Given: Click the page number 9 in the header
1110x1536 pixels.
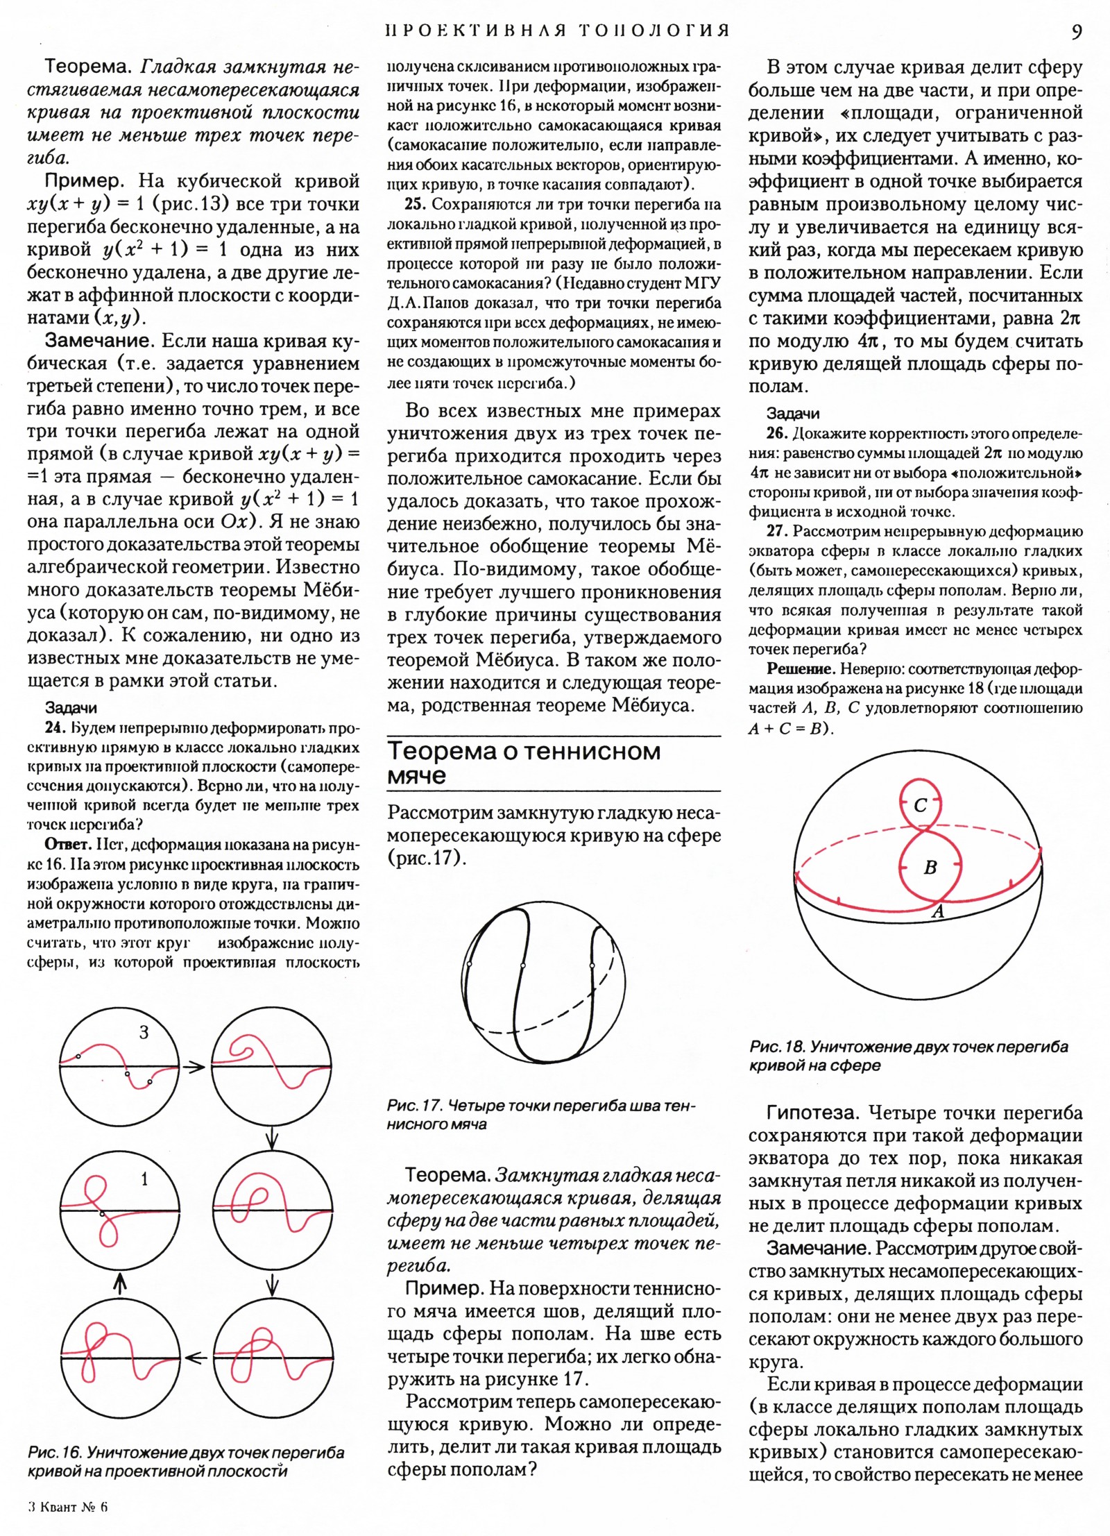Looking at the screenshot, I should tap(1076, 32).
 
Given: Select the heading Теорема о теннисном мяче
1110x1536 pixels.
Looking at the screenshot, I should tap(524, 763).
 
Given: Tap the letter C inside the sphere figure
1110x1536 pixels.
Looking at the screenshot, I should tap(921, 806).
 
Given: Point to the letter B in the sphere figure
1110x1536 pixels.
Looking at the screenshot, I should tap(930, 867).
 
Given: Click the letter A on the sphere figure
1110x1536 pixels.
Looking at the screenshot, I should tap(938, 912).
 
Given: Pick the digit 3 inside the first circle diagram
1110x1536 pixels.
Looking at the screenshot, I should tap(144, 1033).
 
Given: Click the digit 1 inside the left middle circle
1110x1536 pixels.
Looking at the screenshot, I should tap(144, 1179).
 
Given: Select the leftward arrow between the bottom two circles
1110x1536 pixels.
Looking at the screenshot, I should tap(196, 1358).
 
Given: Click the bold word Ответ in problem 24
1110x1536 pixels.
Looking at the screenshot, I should tap(67, 845).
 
